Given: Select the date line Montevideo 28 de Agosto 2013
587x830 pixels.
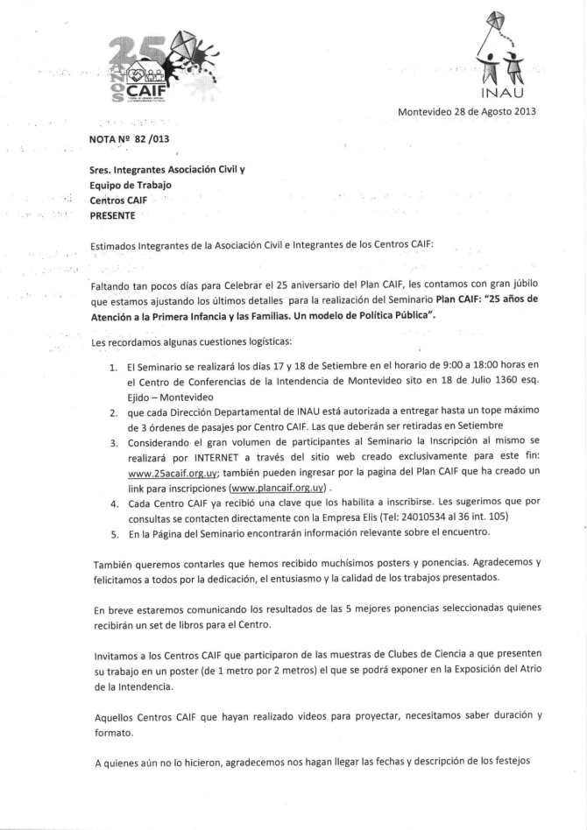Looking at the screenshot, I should click(x=467, y=111).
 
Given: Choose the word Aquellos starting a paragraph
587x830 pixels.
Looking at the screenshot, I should click(x=116, y=716).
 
